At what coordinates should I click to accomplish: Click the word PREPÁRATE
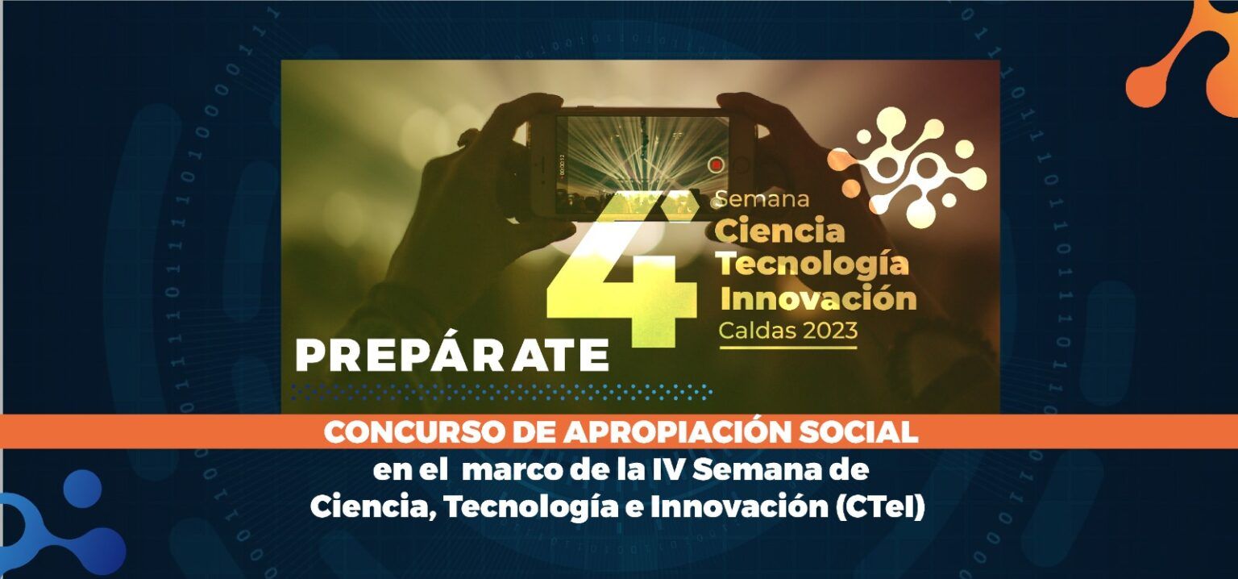(452, 355)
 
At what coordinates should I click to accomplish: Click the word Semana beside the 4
(762, 199)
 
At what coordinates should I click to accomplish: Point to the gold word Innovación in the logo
(819, 298)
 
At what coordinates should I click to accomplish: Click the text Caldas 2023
(788, 330)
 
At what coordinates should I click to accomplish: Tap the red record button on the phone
(717, 165)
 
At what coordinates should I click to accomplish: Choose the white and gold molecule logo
(907, 166)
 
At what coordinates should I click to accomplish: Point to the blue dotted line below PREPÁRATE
(501, 392)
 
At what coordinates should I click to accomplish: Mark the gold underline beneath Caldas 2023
(788, 348)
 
